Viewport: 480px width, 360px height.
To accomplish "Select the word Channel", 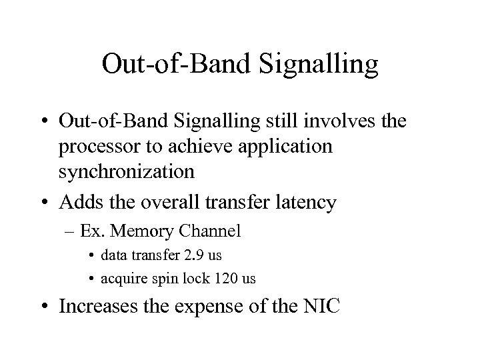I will pos(209,232).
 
